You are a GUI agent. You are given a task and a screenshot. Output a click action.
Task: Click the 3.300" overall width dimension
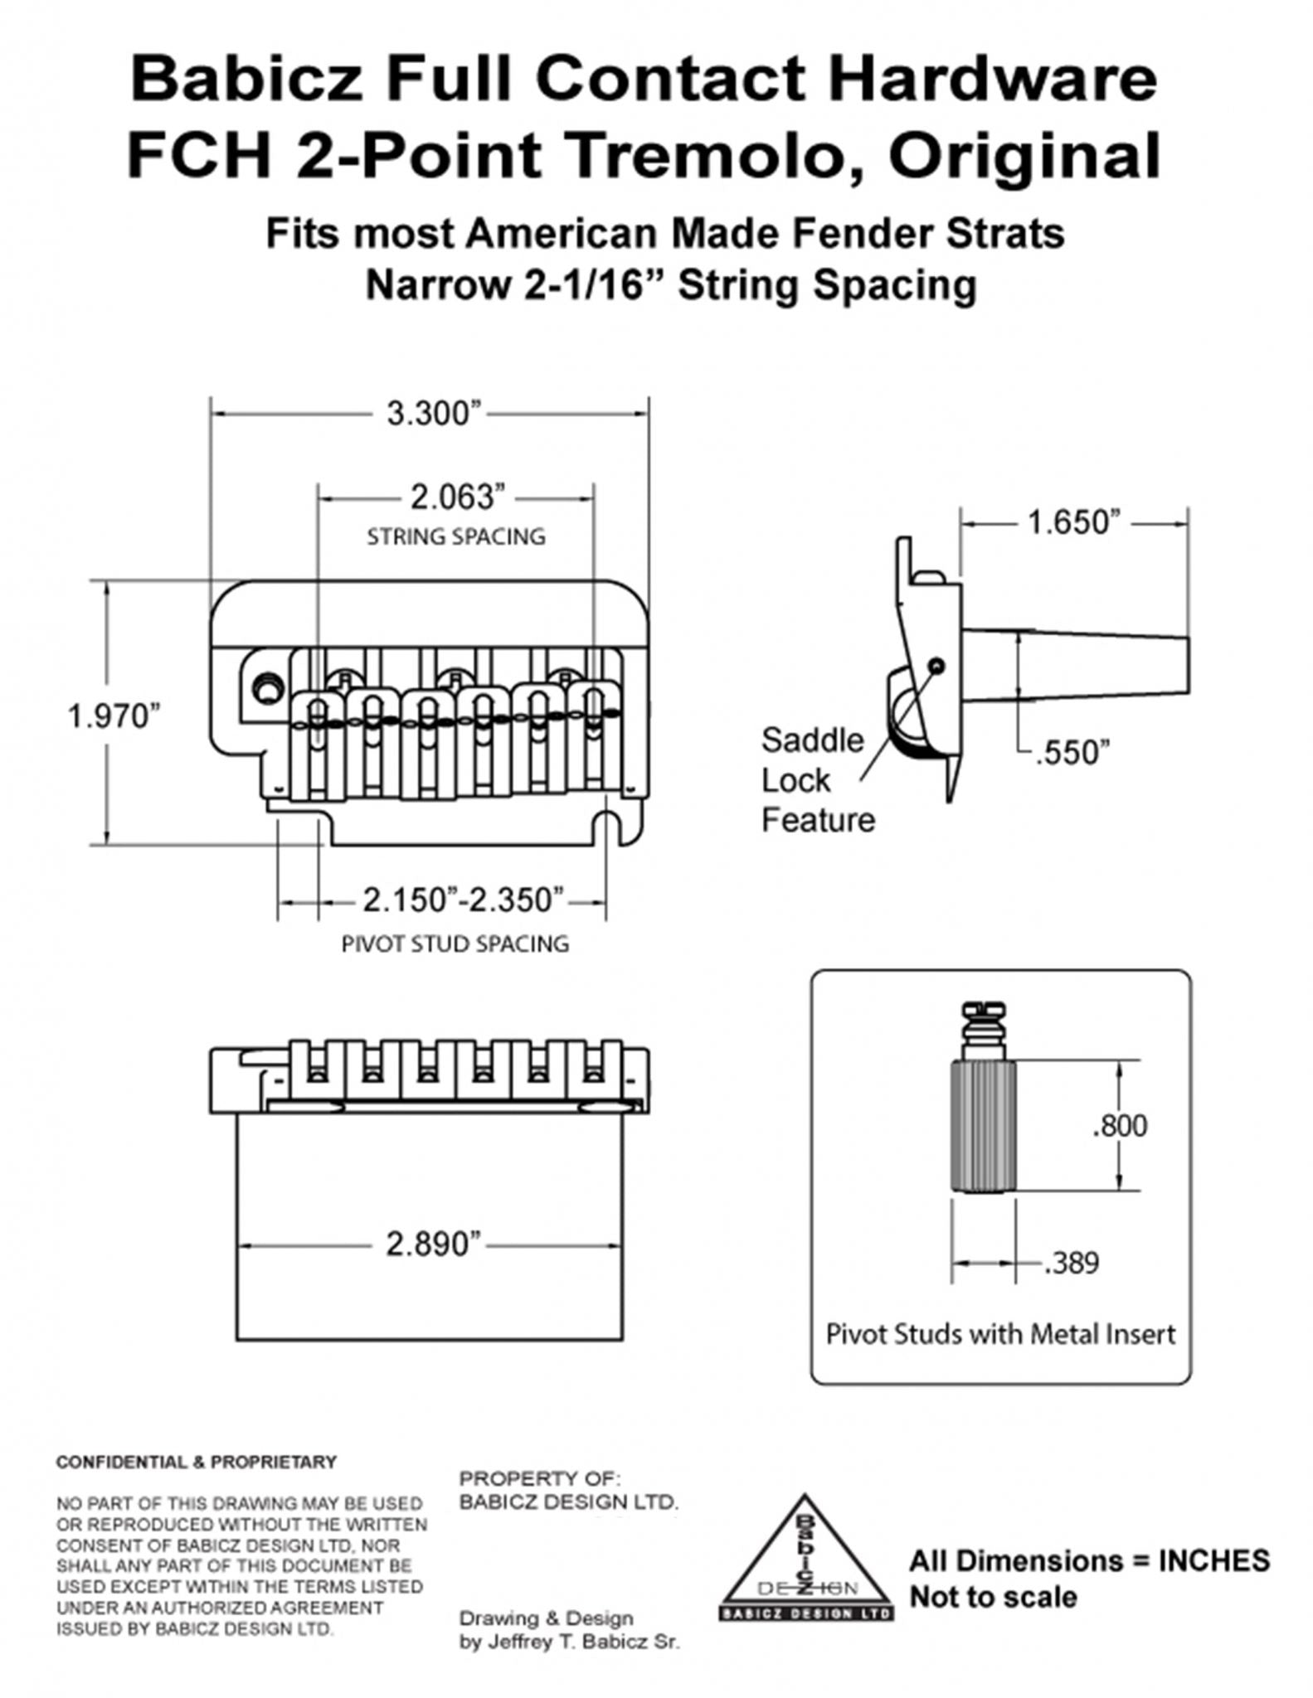435,414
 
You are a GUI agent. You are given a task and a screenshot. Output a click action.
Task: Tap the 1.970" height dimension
113,716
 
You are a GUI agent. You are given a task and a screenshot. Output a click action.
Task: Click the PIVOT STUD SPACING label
455,944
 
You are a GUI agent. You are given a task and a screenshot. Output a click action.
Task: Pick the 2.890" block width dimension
433,1244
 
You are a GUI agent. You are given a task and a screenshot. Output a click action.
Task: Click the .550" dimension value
1072,754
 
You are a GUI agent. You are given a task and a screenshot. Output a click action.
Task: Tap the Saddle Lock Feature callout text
816,780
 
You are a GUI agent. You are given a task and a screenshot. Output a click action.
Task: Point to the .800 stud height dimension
1120,1126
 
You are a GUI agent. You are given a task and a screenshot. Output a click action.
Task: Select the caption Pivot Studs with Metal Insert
1000,1334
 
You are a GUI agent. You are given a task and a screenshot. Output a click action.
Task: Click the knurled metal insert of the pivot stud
983,1126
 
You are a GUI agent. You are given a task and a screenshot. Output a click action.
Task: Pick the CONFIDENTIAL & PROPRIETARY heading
197,1462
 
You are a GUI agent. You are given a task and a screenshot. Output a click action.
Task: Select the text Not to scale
993,1597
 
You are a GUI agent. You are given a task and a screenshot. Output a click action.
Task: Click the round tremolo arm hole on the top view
268,688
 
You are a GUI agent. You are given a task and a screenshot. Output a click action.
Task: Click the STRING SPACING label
456,536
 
